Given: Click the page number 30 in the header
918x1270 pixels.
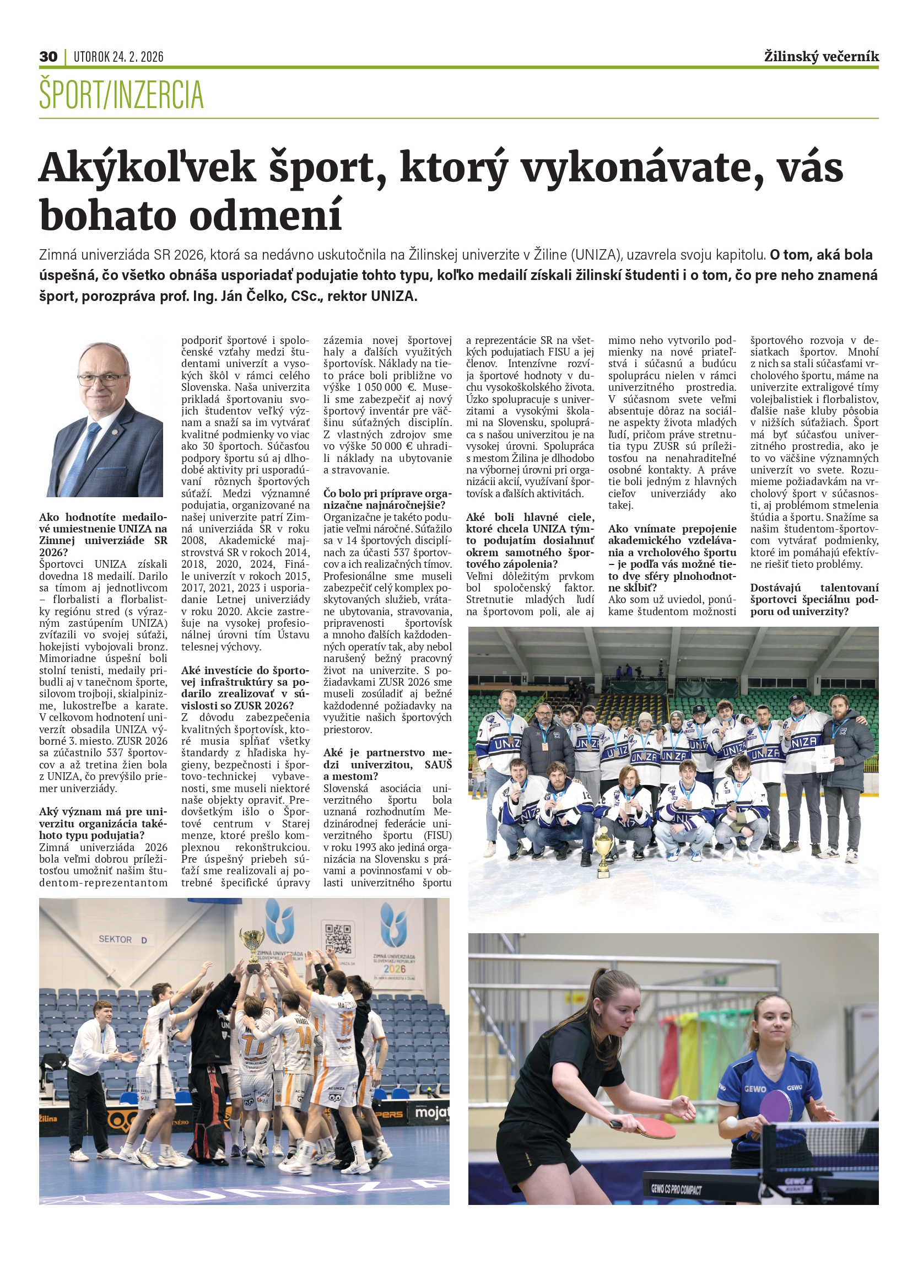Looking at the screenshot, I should [x=48, y=57].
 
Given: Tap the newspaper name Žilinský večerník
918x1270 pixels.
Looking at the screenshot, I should [x=821, y=57].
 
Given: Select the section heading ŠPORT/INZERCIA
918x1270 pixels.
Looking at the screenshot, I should [x=121, y=95].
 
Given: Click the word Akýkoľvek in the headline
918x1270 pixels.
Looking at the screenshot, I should [x=147, y=168].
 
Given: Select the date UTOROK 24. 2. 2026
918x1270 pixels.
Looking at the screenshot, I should [x=118, y=57].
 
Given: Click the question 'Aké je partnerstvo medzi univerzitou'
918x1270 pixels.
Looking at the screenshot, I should [x=387, y=765].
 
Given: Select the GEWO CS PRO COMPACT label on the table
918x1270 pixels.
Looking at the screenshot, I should [x=676, y=1188].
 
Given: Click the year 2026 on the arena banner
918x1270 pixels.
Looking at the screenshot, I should [x=394, y=968].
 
